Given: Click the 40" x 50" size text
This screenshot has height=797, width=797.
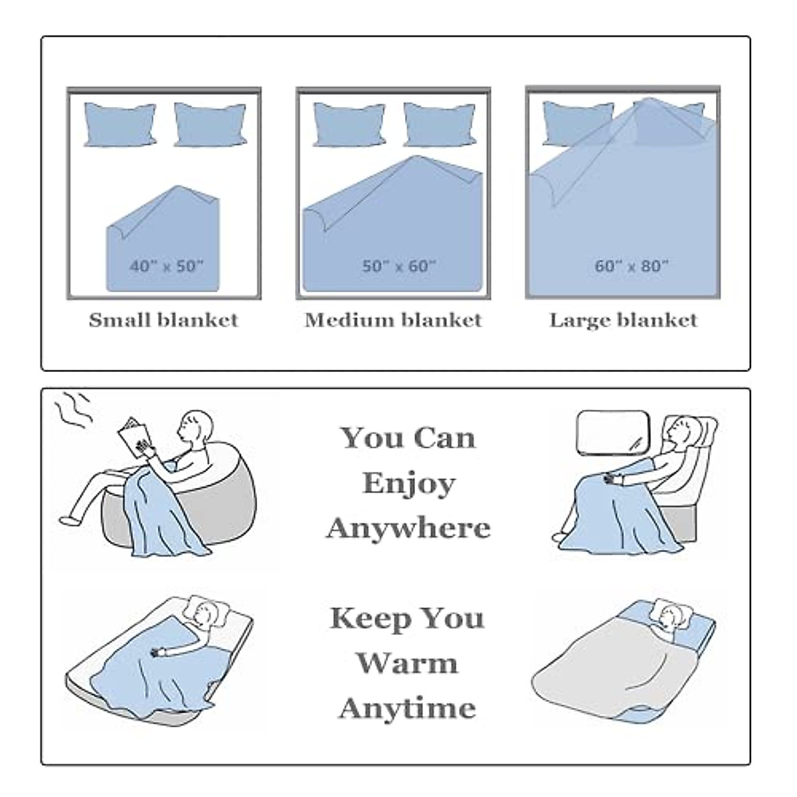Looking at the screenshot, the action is coord(167,266).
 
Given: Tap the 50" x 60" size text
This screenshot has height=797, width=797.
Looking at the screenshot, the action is coord(399,266).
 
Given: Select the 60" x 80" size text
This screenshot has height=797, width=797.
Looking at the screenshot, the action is coord(632,266).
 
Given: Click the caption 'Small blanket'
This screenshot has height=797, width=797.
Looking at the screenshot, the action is coord(164,320).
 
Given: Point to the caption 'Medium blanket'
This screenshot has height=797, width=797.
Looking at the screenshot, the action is coord(393,320).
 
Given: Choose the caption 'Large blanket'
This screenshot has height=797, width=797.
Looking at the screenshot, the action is coord(623,321).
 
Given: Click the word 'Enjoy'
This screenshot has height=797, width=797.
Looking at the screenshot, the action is coord(408,484).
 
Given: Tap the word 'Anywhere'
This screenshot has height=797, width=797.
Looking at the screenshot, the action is coord(408,528).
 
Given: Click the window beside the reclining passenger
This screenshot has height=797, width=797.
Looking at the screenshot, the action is coord(612,432).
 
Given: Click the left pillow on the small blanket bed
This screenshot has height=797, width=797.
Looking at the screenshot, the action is coord(120,124).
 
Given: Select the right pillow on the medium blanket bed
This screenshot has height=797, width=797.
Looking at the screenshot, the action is coord(440,124).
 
